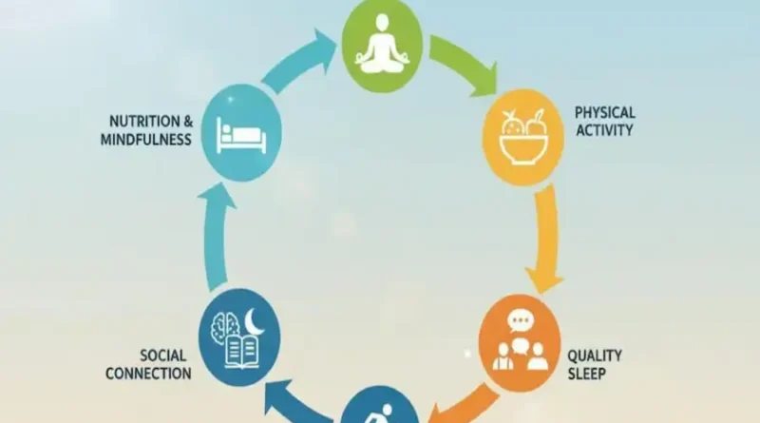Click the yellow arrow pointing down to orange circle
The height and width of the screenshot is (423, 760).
click(x=544, y=238)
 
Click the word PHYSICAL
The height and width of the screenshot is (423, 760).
click(x=604, y=112)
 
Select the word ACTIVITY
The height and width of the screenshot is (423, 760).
click(x=603, y=130)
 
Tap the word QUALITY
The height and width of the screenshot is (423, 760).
click(x=595, y=356)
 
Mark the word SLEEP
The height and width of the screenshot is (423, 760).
click(x=585, y=375)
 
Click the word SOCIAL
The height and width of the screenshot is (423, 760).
click(x=165, y=355)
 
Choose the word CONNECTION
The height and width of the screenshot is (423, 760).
click(x=149, y=374)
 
